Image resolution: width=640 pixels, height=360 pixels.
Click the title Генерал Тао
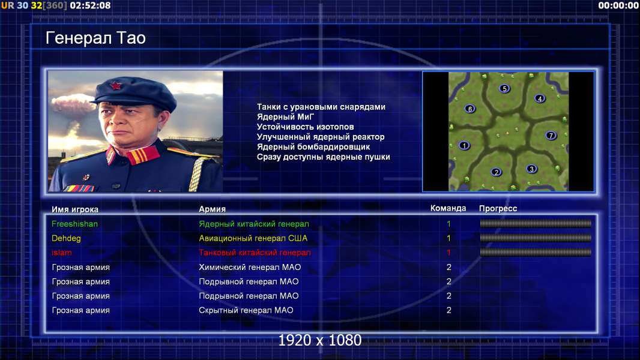95,38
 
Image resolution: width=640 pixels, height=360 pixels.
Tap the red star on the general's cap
115,86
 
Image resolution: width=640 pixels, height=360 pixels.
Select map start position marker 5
504,88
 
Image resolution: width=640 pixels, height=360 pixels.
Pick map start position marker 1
464,146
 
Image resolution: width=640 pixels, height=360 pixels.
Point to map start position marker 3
531,169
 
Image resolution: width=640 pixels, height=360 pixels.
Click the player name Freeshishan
74,224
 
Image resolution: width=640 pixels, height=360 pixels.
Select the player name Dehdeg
66,239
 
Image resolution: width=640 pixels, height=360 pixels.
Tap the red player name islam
62,253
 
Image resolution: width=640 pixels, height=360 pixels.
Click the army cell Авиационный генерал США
253,239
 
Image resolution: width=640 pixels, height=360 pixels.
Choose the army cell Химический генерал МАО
250,268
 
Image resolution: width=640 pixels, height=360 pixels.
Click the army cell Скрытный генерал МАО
246,310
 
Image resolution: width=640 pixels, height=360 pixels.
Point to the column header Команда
448,208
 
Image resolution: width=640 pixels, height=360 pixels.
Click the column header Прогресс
498,209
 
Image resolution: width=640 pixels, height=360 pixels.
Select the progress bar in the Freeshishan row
536,223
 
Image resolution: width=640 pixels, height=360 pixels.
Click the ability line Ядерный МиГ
286,117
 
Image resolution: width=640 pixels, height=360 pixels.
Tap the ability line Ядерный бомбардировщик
313,147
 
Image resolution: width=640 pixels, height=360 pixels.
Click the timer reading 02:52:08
90,5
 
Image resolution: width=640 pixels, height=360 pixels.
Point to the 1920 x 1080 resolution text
320,340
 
